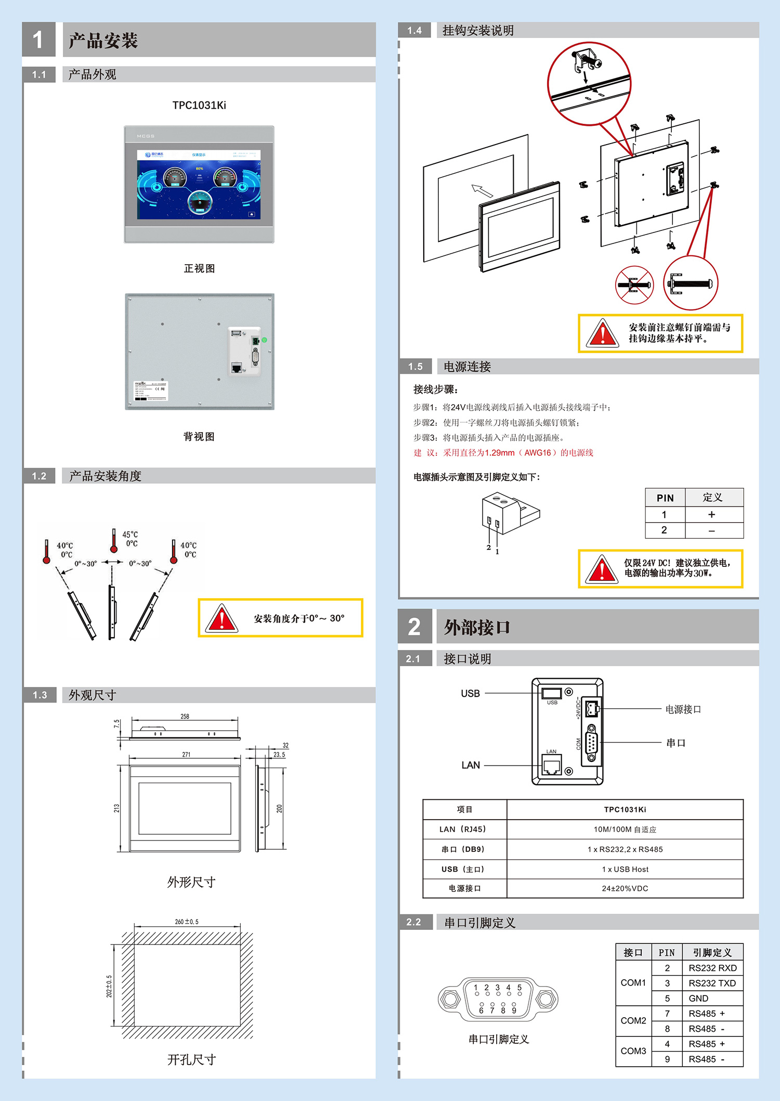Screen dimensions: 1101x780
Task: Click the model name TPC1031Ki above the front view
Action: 199,105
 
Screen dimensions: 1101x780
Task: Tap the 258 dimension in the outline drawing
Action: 185,716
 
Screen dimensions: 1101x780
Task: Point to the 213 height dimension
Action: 116,808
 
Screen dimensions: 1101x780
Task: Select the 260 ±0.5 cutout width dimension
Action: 187,922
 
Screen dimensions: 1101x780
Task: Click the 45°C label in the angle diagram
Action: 130,534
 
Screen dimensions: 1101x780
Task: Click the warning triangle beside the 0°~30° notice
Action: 222,618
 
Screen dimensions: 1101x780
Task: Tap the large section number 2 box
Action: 414,627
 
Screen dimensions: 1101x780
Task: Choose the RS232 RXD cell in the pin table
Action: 712,968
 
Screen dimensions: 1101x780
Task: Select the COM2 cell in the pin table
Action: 633,1020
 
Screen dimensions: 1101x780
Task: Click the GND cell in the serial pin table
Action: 698,998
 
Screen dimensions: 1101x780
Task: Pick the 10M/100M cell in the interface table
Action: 625,830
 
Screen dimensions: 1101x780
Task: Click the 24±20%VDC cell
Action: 625,888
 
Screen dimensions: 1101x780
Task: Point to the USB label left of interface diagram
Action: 470,693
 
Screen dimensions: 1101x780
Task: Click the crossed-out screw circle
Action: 634,284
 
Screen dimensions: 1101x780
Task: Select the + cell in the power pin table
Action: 711,514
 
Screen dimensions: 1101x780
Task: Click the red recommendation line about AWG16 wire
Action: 503,452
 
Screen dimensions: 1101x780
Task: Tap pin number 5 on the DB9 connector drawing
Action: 519,987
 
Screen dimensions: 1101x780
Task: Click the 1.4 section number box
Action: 414,30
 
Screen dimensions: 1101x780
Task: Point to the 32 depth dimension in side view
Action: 285,745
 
